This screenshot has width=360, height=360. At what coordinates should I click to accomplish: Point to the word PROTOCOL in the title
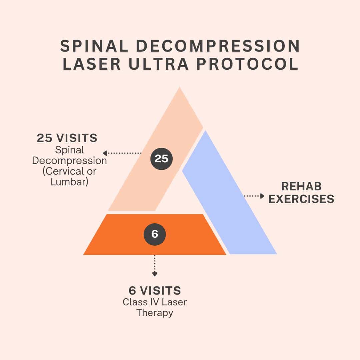click(247, 64)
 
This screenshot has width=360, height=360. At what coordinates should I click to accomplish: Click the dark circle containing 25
click(162, 159)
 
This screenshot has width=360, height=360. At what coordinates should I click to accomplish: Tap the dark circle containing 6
click(155, 234)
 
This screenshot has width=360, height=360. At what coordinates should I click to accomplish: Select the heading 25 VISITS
click(67, 138)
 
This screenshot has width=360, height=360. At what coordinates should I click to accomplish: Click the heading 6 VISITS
click(155, 291)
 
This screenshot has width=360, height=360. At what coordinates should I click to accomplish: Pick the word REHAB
click(301, 186)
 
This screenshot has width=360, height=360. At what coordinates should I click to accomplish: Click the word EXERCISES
click(301, 199)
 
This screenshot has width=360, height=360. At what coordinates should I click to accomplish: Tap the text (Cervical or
click(69, 171)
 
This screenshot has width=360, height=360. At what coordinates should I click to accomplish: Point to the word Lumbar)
click(69, 182)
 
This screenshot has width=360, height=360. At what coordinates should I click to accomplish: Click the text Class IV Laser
click(155, 302)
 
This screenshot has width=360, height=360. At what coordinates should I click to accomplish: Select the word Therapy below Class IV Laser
click(155, 313)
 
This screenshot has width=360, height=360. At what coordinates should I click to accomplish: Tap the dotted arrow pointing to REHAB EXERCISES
click(254, 196)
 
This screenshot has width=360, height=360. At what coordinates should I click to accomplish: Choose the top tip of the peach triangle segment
click(180, 89)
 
